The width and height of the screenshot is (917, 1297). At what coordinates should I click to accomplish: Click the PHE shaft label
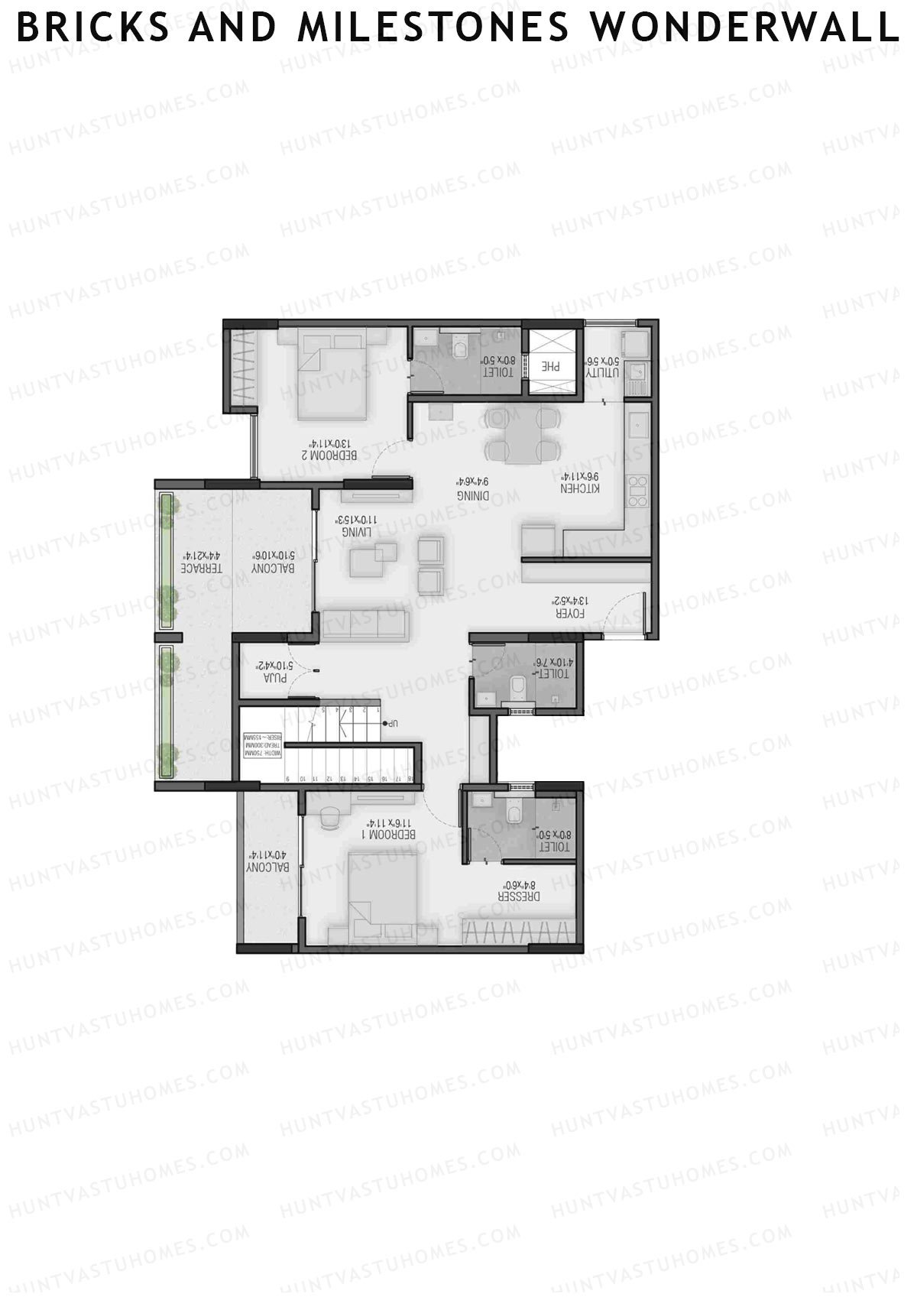550,366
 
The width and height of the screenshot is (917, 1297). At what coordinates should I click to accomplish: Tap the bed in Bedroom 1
384,894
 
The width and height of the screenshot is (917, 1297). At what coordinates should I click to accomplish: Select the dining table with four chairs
523,434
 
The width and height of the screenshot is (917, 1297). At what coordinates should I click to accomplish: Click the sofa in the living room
366,625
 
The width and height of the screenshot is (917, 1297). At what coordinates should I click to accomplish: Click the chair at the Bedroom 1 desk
331,818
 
